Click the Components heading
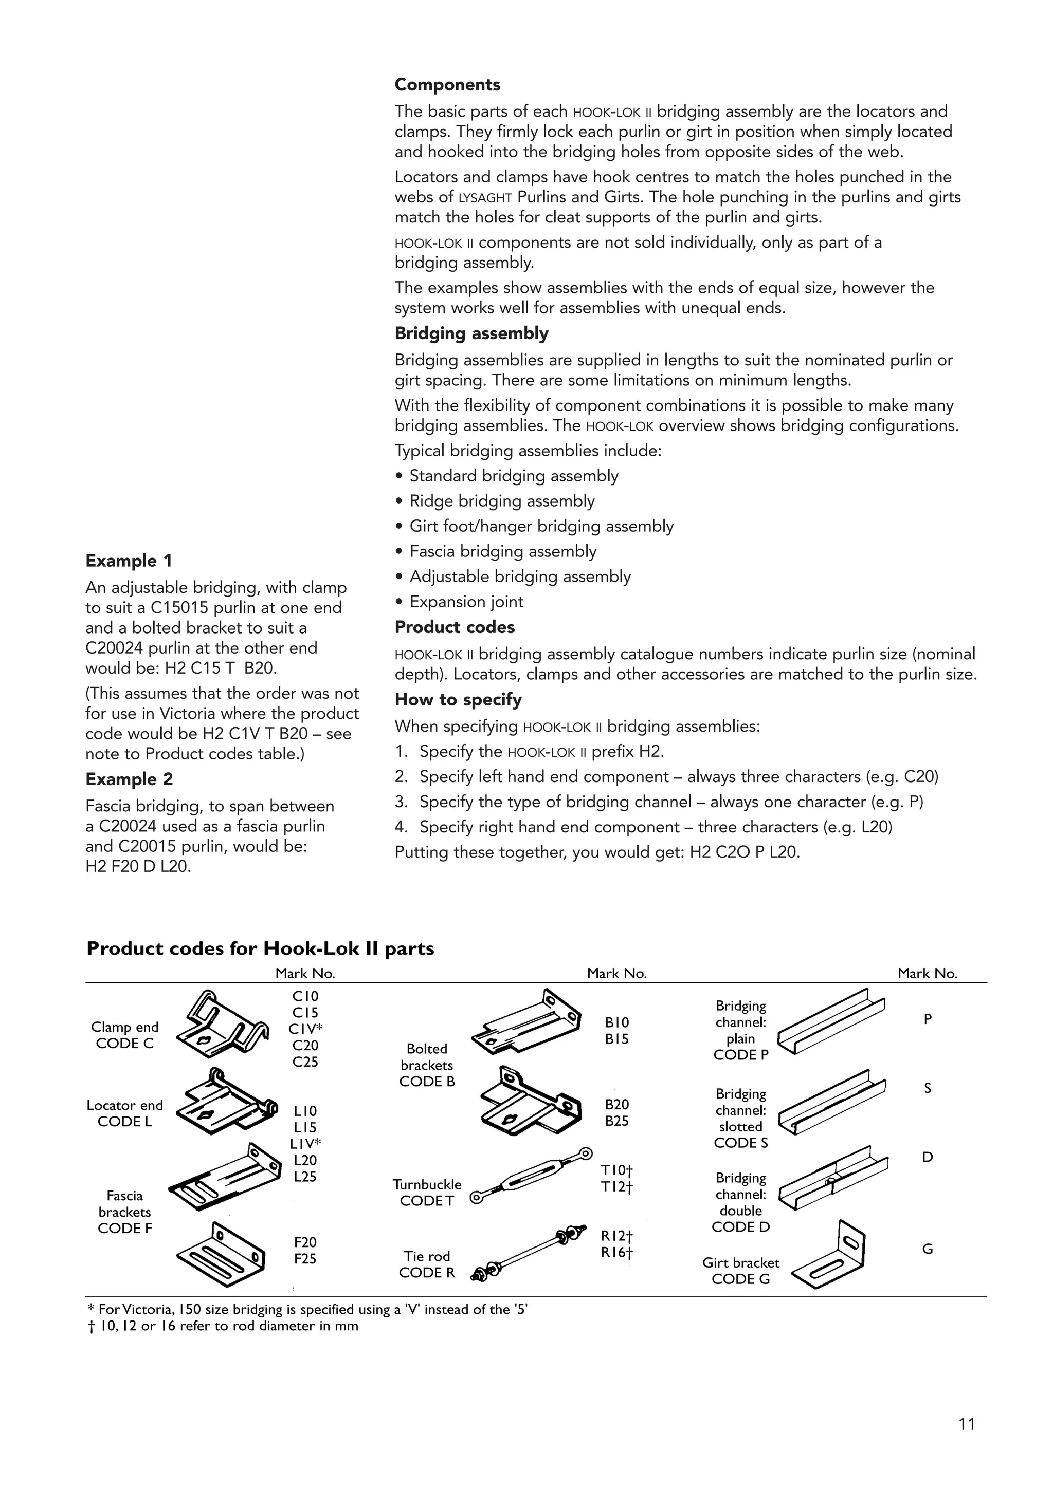coord(447,85)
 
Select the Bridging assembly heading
coord(471,333)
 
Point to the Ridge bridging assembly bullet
coord(501,501)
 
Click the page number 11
coord(966,1424)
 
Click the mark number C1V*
coord(305,1029)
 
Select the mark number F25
coord(305,1259)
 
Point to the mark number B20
coord(616,1105)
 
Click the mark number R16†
coord(616,1252)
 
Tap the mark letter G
coord(927,1249)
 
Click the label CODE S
coord(740,1143)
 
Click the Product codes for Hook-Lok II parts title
coord(260,949)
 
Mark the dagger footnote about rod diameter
coord(222,1326)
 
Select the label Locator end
coord(124,1105)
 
